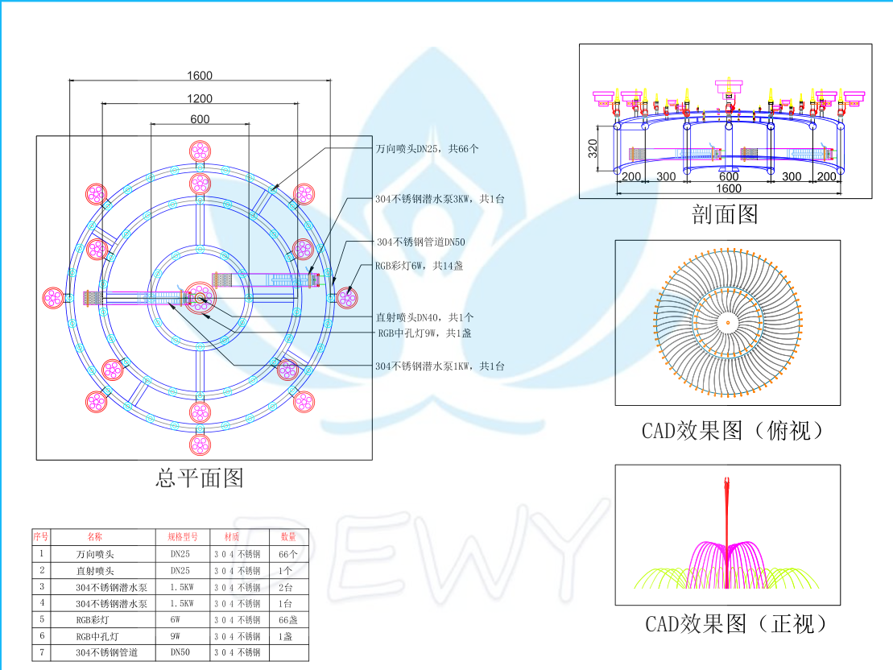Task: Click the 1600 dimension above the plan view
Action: [200, 76]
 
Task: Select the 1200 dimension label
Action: [200, 98]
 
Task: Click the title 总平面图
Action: [199, 478]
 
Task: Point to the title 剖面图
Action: [725, 213]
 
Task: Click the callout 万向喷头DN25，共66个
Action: [428, 149]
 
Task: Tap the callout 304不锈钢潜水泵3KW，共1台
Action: [439, 198]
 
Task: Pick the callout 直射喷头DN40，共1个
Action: [425, 317]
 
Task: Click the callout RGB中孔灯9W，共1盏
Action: [430, 333]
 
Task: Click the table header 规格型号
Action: [183, 536]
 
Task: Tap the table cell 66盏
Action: [288, 619]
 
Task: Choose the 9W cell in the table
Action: [176, 636]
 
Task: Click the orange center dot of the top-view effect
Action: [728, 322]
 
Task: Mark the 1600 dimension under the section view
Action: [728, 188]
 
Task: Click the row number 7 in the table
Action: [41, 651]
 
